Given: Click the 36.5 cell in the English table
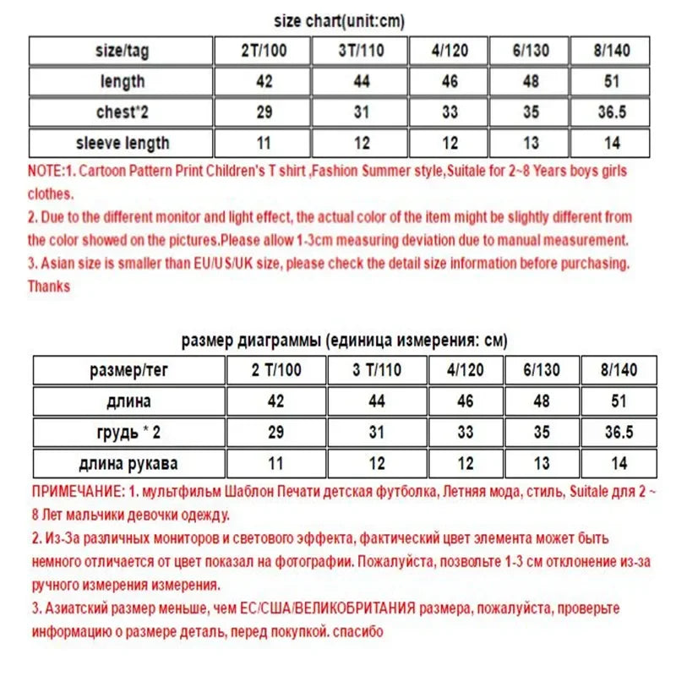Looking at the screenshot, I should [x=612, y=112].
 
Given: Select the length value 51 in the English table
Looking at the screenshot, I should [x=612, y=81].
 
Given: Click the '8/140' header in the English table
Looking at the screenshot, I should [x=612, y=51].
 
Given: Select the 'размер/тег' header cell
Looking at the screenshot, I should [x=129, y=370].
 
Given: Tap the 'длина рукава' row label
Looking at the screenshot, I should [x=129, y=462].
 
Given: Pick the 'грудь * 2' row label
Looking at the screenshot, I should [x=129, y=432].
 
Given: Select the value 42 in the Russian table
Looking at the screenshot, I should [x=276, y=401].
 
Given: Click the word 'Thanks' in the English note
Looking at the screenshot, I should [x=49, y=286].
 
